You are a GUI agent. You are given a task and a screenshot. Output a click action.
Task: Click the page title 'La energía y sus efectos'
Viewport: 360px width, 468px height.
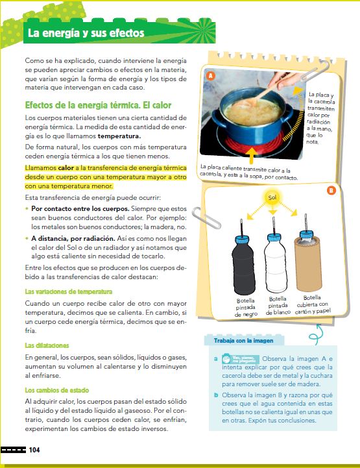pos(85,33)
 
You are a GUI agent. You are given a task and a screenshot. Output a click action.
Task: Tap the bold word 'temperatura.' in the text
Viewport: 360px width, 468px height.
pos(119,137)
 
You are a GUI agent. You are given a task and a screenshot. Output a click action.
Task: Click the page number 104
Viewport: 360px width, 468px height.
pos(34,450)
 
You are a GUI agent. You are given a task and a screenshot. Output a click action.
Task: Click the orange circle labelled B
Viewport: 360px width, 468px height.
pos(330,190)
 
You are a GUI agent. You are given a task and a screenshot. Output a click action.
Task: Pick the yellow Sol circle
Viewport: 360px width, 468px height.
pos(272,195)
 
